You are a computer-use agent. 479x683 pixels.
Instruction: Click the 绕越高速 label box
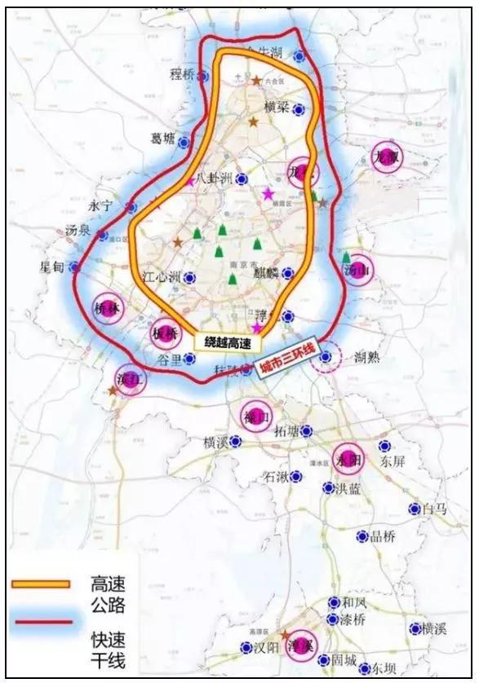click(222, 342)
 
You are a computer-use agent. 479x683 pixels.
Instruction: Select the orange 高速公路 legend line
click(40, 584)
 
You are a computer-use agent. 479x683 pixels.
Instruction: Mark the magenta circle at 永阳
click(348, 460)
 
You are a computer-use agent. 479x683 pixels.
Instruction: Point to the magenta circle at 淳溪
click(302, 643)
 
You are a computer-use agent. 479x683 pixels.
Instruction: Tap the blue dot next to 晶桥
click(362, 536)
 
